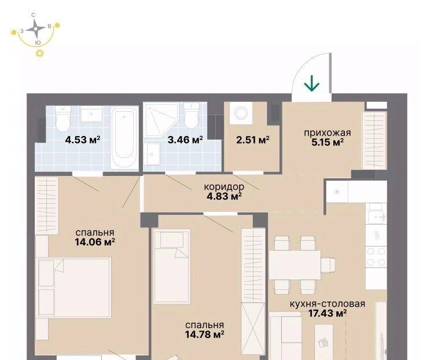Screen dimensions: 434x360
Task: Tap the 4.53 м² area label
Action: [x=83, y=139]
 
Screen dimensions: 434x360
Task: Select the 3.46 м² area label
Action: [x=185, y=139]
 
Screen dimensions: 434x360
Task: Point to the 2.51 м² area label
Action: [x=253, y=140]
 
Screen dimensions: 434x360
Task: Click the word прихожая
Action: [x=328, y=133]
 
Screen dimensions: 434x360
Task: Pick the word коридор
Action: [x=224, y=187]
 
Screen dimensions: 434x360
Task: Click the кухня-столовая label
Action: [x=328, y=304]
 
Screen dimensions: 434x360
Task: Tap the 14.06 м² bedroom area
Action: [x=95, y=243]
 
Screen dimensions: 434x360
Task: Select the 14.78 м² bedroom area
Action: [x=204, y=335]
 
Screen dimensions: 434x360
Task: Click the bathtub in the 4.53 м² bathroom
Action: [x=124, y=138]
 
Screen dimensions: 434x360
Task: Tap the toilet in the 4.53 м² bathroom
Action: [x=63, y=119]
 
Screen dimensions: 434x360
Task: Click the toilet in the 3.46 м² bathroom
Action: [x=192, y=116]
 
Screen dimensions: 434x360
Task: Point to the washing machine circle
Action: [x=242, y=113]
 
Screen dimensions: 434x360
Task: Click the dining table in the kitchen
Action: [x=295, y=265]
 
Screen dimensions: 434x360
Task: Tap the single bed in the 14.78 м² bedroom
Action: [x=172, y=266]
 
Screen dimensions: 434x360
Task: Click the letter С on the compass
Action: [x=34, y=15]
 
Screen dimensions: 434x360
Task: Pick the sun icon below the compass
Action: [x=41, y=53]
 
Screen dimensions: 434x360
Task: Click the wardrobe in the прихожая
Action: [x=375, y=140]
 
